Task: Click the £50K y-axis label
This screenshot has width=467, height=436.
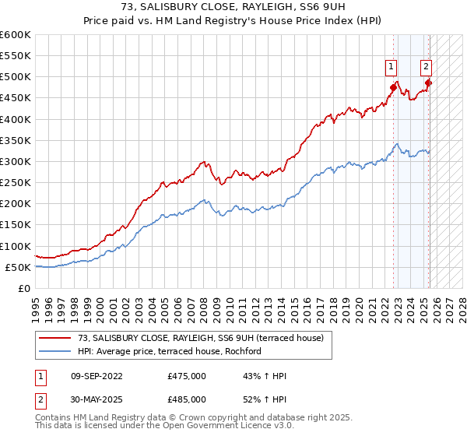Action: (18, 267)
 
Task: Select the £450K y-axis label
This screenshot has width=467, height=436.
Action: (16, 98)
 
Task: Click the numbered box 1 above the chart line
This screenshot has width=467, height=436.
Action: (390, 66)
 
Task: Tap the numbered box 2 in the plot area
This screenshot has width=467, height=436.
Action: (427, 66)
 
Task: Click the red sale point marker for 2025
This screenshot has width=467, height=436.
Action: (428, 83)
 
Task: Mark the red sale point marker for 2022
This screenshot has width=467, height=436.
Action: (393, 87)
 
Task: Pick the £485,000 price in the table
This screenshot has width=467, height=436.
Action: (186, 399)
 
